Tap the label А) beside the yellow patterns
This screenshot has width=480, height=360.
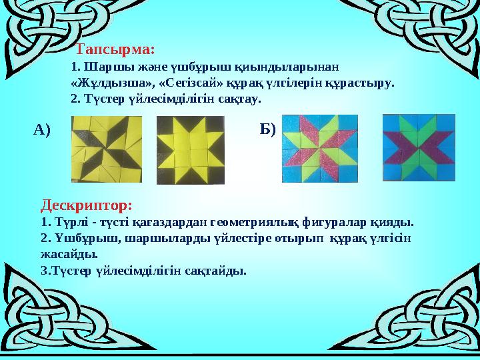pyautogui.click(x=42, y=129)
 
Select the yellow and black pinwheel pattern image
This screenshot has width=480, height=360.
pyautogui.click(x=107, y=149)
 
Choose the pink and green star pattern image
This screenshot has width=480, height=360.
pyautogui.click(x=320, y=149)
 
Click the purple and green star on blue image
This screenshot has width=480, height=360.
pyautogui.click(x=419, y=148)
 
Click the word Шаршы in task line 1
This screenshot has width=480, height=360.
pyautogui.click(x=99, y=67)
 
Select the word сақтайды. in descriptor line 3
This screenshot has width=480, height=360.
pyautogui.click(x=216, y=271)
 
